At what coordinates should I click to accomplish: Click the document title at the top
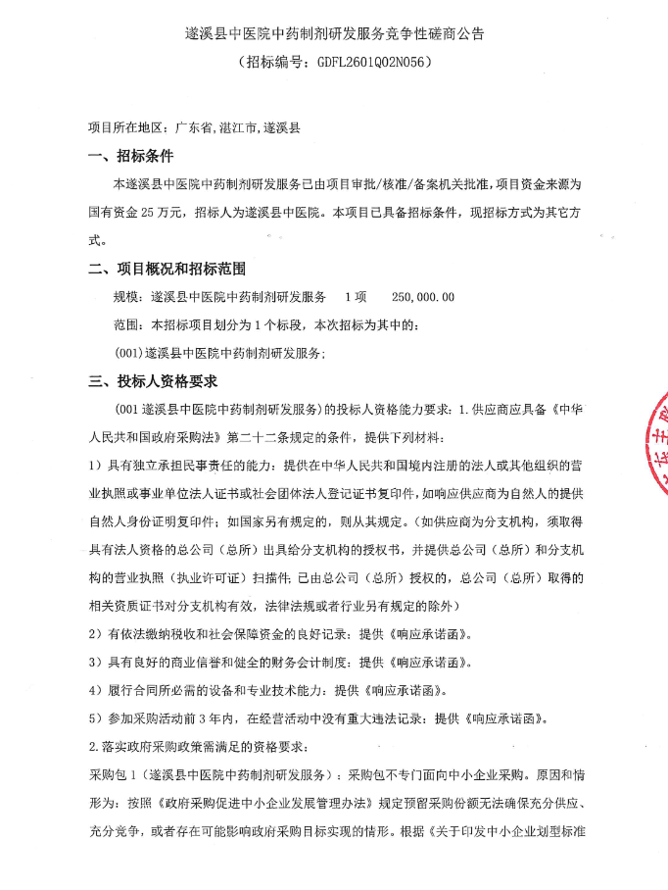pyautogui.click(x=334, y=33)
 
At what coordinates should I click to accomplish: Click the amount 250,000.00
pyautogui.click(x=423, y=296)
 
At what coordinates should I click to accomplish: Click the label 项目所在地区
pyautogui.click(x=124, y=127)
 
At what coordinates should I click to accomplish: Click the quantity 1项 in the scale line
pyautogui.click(x=356, y=296)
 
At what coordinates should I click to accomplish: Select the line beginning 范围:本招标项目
pyautogui.click(x=271, y=323)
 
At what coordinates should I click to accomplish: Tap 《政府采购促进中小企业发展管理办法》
pyautogui.click(x=259, y=803)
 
